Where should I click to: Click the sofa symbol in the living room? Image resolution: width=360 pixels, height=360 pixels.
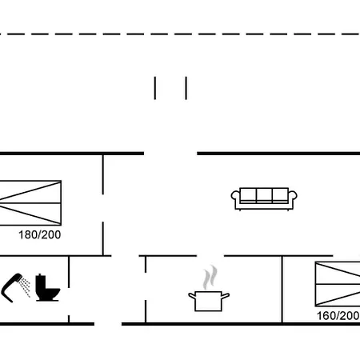pos(264,199)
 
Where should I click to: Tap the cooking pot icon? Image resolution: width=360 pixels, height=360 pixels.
pos(209,301)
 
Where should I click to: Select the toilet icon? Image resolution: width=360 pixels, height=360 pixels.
pos(47,287)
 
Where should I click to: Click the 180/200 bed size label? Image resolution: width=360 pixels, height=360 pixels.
pos(40,235)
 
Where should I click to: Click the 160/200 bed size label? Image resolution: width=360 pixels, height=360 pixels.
pos(338,316)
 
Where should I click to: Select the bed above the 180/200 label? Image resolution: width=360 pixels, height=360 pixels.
pos(30,203)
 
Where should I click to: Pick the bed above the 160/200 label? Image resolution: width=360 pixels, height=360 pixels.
pos(338,284)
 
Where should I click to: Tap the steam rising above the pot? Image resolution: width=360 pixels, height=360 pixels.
pos(210,278)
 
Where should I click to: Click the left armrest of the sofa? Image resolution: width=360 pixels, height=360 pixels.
pos(235,197)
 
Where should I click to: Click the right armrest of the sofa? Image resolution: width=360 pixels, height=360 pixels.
pos(293,197)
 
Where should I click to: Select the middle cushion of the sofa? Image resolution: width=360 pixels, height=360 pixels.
pos(264,195)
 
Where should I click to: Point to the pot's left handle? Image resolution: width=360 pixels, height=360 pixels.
pos(192,295)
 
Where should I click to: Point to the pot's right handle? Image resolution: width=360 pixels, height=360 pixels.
pos(226,295)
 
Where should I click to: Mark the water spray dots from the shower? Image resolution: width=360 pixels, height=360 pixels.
pos(26,287)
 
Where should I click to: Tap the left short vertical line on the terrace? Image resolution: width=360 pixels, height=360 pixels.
pos(155,88)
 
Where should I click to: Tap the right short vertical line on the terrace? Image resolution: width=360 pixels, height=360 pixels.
pos(186,88)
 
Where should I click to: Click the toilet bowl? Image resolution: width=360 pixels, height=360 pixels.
pos(52,294)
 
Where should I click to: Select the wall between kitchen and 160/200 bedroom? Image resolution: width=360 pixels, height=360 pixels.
pos(282,290)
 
